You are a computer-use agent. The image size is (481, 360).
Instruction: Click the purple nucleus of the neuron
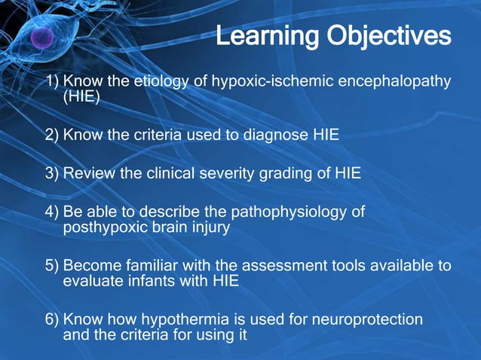[42, 38]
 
